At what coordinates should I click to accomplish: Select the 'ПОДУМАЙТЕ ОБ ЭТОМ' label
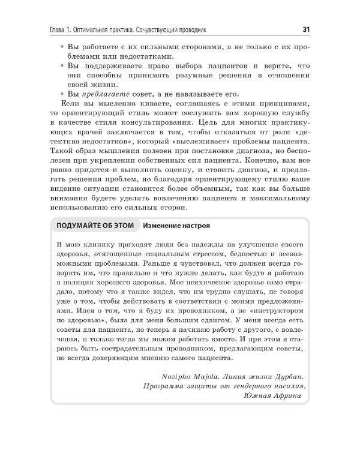click(x=94, y=226)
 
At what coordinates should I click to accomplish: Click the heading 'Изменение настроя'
click(x=176, y=226)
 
